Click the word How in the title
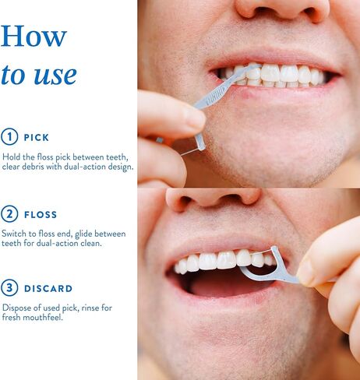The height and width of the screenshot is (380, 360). pos(34,36)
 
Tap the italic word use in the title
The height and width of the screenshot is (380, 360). pos(55,75)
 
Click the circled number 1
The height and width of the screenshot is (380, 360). pos(9,137)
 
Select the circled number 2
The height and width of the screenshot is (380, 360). pos(9,214)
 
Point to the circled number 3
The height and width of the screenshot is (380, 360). pos(9,288)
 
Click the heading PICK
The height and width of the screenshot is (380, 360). pos(37,137)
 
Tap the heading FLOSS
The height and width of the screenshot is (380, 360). pos(41,215)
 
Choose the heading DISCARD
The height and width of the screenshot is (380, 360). pos(48,288)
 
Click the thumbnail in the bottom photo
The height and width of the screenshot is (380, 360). pos(306,271)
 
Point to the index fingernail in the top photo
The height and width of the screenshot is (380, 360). pos(194,117)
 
